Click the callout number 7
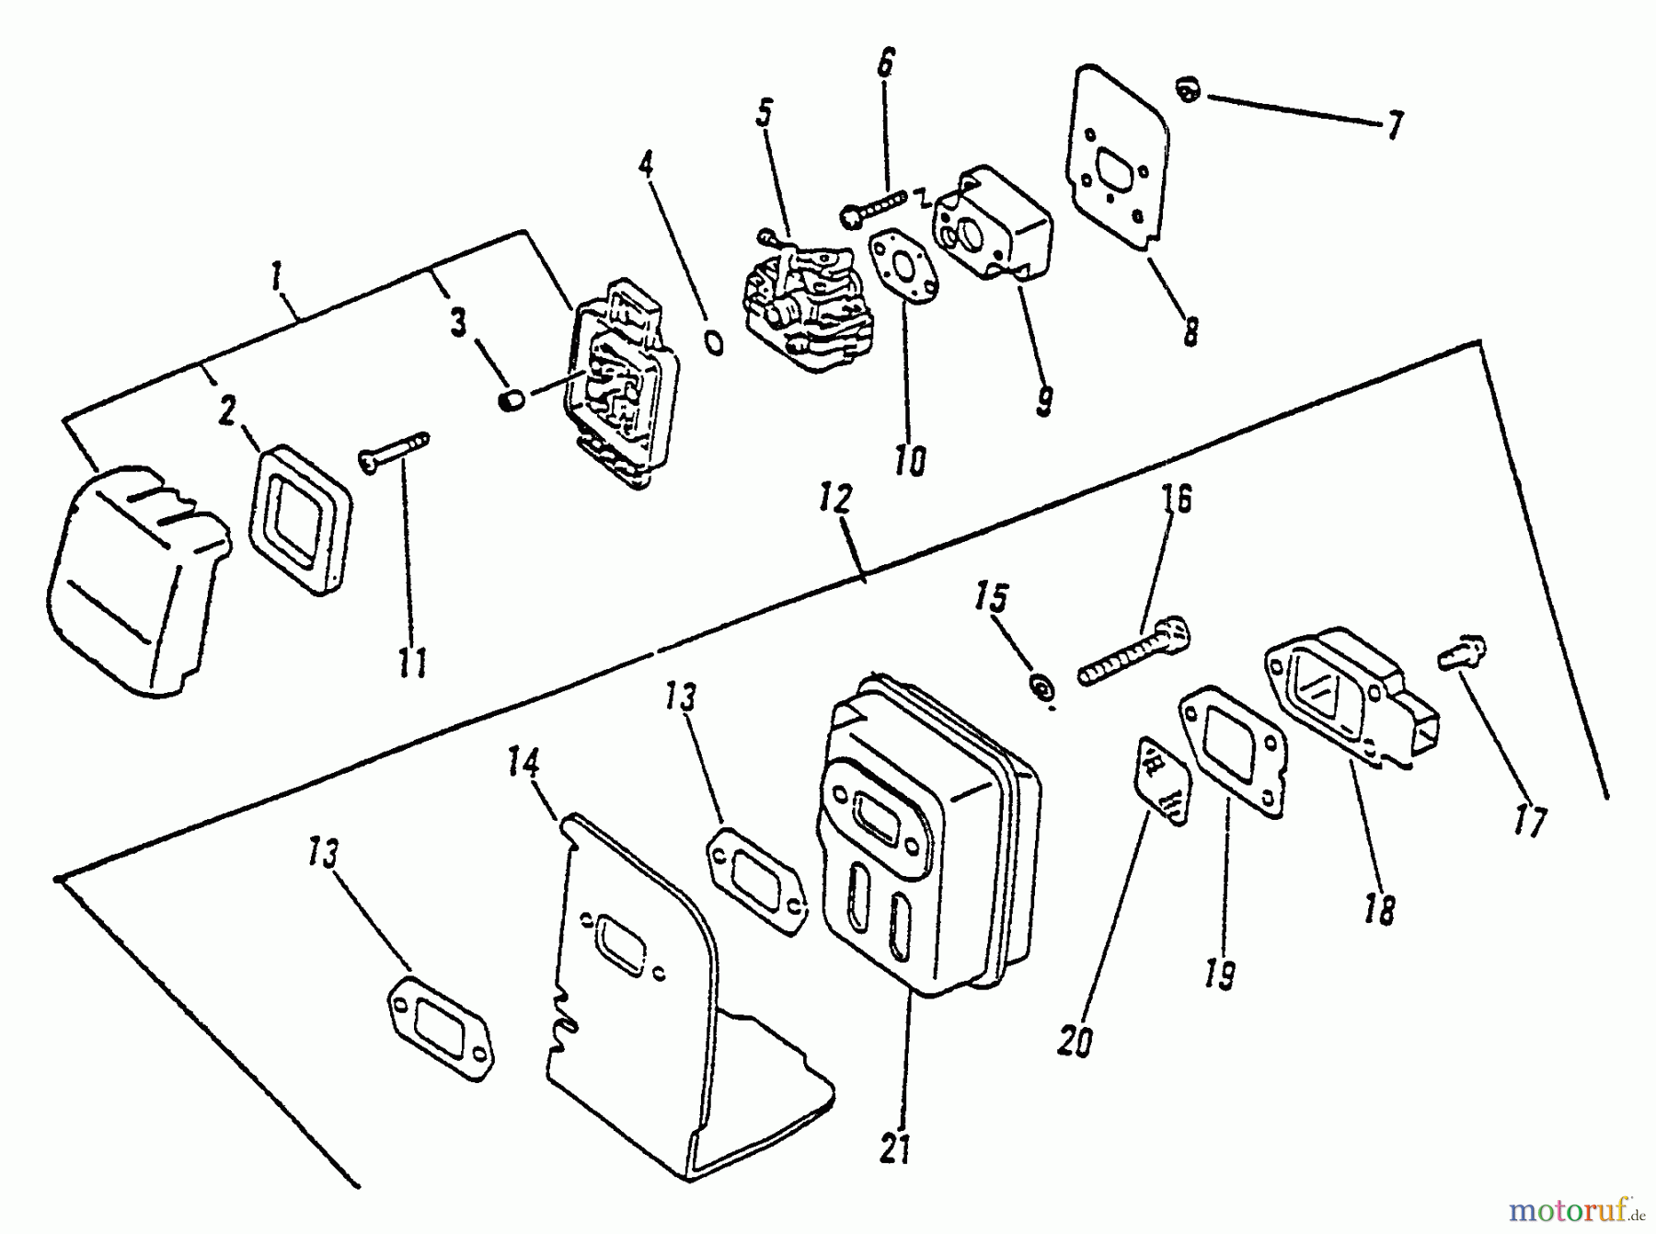(1395, 125)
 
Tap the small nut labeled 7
(1188, 90)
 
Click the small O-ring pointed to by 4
(714, 342)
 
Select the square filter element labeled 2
(300, 520)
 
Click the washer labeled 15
(1042, 687)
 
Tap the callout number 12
(834, 502)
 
